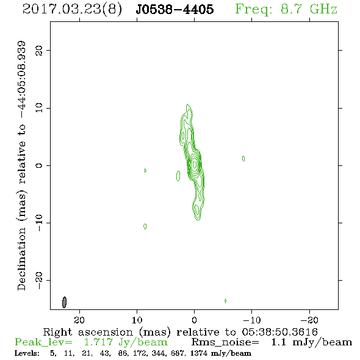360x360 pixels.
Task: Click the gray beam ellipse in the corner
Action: (64, 302)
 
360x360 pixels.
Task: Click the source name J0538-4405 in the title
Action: (175, 10)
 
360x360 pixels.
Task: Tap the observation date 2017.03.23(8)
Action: (72, 10)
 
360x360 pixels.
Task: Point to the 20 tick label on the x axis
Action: (79, 320)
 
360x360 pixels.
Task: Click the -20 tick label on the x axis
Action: (309, 320)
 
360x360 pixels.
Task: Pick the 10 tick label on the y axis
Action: (39, 107)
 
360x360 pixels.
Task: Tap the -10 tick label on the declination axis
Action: (39, 223)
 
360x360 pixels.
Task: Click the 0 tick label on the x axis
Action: (194, 320)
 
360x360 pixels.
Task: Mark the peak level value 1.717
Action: (98, 342)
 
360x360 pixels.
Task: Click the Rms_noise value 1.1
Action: (278, 342)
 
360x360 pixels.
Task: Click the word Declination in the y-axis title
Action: (21, 259)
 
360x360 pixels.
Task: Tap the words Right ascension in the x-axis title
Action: (88, 332)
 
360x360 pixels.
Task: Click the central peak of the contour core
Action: (195, 164)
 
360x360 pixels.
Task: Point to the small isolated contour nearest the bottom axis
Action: (226, 301)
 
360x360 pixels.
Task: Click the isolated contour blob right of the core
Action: (243, 159)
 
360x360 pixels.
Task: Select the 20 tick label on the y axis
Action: (39, 50)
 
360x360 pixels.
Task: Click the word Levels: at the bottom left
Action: (27, 353)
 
